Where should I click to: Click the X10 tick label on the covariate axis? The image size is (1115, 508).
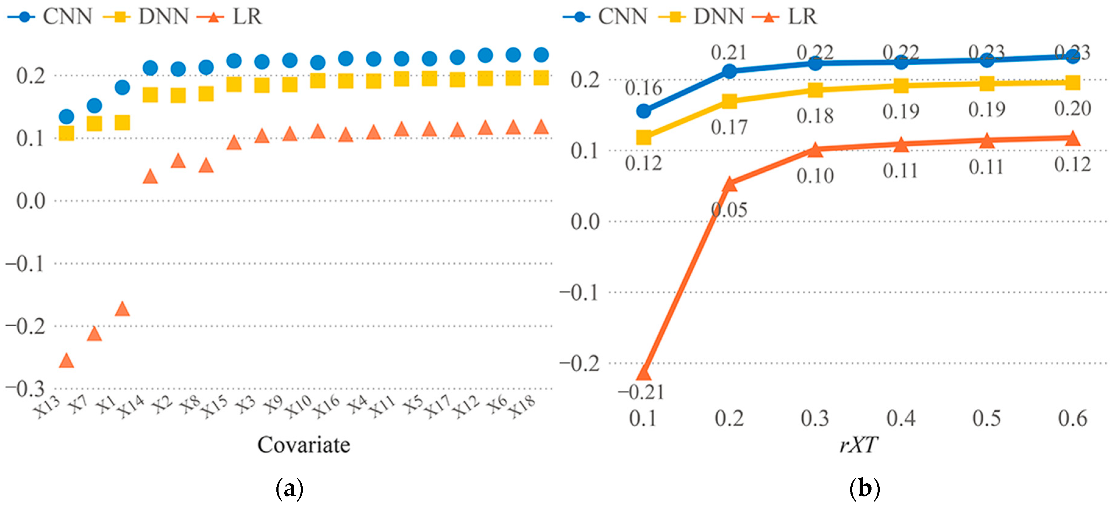(x=299, y=407)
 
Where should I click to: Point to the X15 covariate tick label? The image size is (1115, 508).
(x=215, y=407)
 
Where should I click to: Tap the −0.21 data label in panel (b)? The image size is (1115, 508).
(x=641, y=392)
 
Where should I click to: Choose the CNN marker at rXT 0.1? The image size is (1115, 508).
(x=644, y=111)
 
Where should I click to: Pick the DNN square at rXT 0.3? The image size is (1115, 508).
(x=815, y=90)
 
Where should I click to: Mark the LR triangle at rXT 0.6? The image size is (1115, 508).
(x=1073, y=138)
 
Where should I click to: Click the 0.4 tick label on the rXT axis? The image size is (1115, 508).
(x=901, y=418)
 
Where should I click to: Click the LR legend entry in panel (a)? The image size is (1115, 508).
(x=229, y=16)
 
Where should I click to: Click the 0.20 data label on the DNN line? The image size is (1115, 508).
(x=1073, y=108)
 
